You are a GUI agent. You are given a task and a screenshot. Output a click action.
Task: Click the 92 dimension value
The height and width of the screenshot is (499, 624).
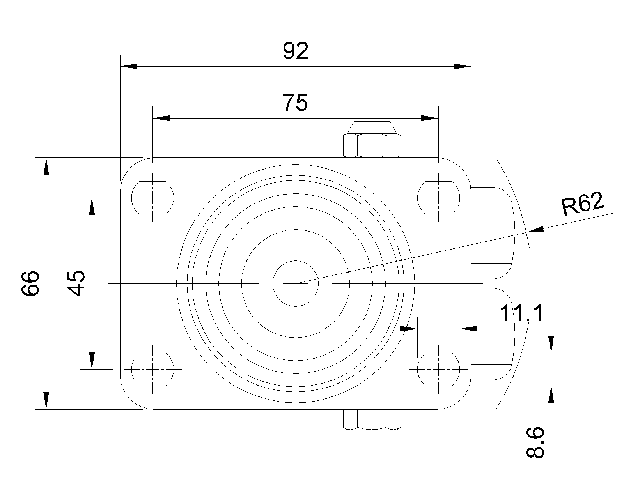click(296, 51)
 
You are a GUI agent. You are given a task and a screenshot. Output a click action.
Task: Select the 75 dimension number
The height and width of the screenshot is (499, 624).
click(295, 103)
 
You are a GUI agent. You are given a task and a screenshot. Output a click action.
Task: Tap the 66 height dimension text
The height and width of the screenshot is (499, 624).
click(30, 283)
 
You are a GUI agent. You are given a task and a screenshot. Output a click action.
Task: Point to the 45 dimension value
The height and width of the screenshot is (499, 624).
click(76, 283)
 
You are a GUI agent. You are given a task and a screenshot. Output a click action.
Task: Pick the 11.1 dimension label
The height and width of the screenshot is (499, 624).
click(522, 313)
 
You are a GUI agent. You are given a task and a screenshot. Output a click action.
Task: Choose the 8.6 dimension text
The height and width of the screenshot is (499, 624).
click(535, 442)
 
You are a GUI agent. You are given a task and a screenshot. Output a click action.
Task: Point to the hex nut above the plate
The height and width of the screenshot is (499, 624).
click(372, 140)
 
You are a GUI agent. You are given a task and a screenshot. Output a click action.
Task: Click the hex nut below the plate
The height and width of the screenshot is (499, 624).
click(372, 419)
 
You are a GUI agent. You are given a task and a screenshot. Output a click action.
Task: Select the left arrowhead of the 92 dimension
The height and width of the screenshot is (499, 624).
click(129, 66)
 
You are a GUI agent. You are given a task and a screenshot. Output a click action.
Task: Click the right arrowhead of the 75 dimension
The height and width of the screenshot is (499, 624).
click(430, 118)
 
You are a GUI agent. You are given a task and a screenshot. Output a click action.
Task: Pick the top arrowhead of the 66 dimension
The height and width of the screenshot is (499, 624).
click(46, 166)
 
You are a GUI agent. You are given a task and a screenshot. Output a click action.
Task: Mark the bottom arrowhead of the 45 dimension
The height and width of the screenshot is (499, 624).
click(92, 361)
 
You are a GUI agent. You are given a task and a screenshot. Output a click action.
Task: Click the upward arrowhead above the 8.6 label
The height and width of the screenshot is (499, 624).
click(551, 395)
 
